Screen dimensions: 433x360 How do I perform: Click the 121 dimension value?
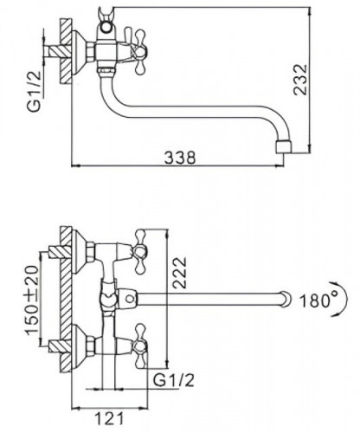click(x=104, y=419)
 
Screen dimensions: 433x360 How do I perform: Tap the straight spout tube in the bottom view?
click(x=208, y=300)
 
